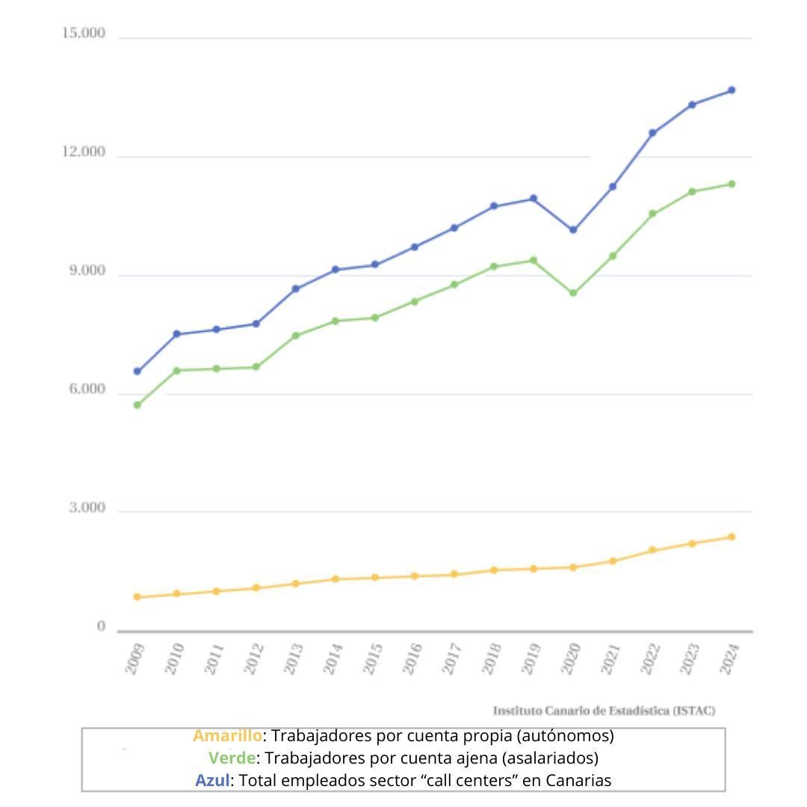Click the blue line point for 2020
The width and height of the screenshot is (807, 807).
click(x=573, y=229)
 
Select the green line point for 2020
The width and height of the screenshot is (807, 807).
click(x=573, y=293)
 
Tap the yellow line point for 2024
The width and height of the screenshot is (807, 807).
click(x=732, y=537)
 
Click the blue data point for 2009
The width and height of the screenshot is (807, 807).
click(x=137, y=371)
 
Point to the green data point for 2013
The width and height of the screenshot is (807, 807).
click(x=295, y=336)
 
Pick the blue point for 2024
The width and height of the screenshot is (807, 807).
click(x=732, y=90)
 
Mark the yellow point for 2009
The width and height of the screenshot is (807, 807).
click(x=137, y=597)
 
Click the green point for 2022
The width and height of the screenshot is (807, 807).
click(x=652, y=214)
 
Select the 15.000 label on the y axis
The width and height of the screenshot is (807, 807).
click(x=84, y=34)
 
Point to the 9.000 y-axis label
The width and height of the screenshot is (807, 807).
click(x=84, y=270)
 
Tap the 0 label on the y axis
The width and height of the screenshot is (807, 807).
click(x=101, y=626)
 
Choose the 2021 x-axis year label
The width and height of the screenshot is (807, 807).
click(x=610, y=658)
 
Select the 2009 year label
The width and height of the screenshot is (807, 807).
click(x=135, y=658)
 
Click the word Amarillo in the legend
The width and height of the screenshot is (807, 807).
click(x=227, y=736)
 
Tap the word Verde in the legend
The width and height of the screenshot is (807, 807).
click(x=232, y=758)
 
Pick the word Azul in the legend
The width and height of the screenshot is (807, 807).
click(x=212, y=781)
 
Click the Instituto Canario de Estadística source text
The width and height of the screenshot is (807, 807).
click(x=604, y=711)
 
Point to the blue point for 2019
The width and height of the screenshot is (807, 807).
click(x=534, y=199)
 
